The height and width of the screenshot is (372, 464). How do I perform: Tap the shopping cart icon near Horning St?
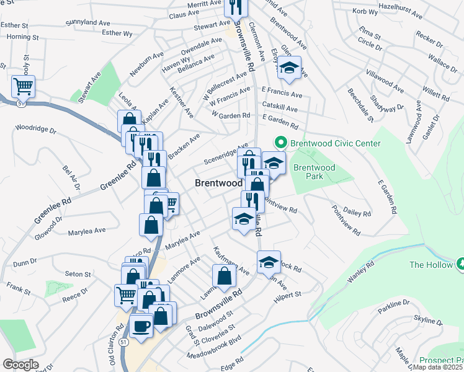(x=24, y=87)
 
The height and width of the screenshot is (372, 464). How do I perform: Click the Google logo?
(x=21, y=365)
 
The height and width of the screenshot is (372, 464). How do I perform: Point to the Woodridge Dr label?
(x=35, y=131)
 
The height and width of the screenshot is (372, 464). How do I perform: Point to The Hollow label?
(x=431, y=264)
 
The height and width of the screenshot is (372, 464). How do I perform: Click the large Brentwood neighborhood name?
(x=218, y=183)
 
